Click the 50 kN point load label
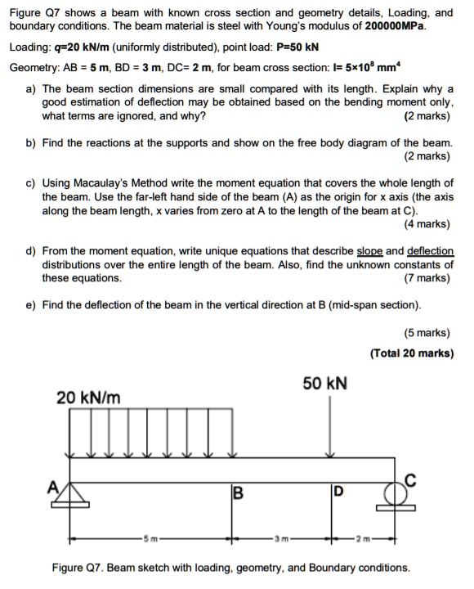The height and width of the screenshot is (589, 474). tap(324, 383)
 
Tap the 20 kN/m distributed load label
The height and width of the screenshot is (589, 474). tap(88, 398)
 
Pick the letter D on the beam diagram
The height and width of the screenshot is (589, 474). tap(338, 492)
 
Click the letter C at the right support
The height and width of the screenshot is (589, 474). tap(411, 479)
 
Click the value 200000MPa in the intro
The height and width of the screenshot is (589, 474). tap(396, 26)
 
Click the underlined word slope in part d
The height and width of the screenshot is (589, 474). tap(372, 251)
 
